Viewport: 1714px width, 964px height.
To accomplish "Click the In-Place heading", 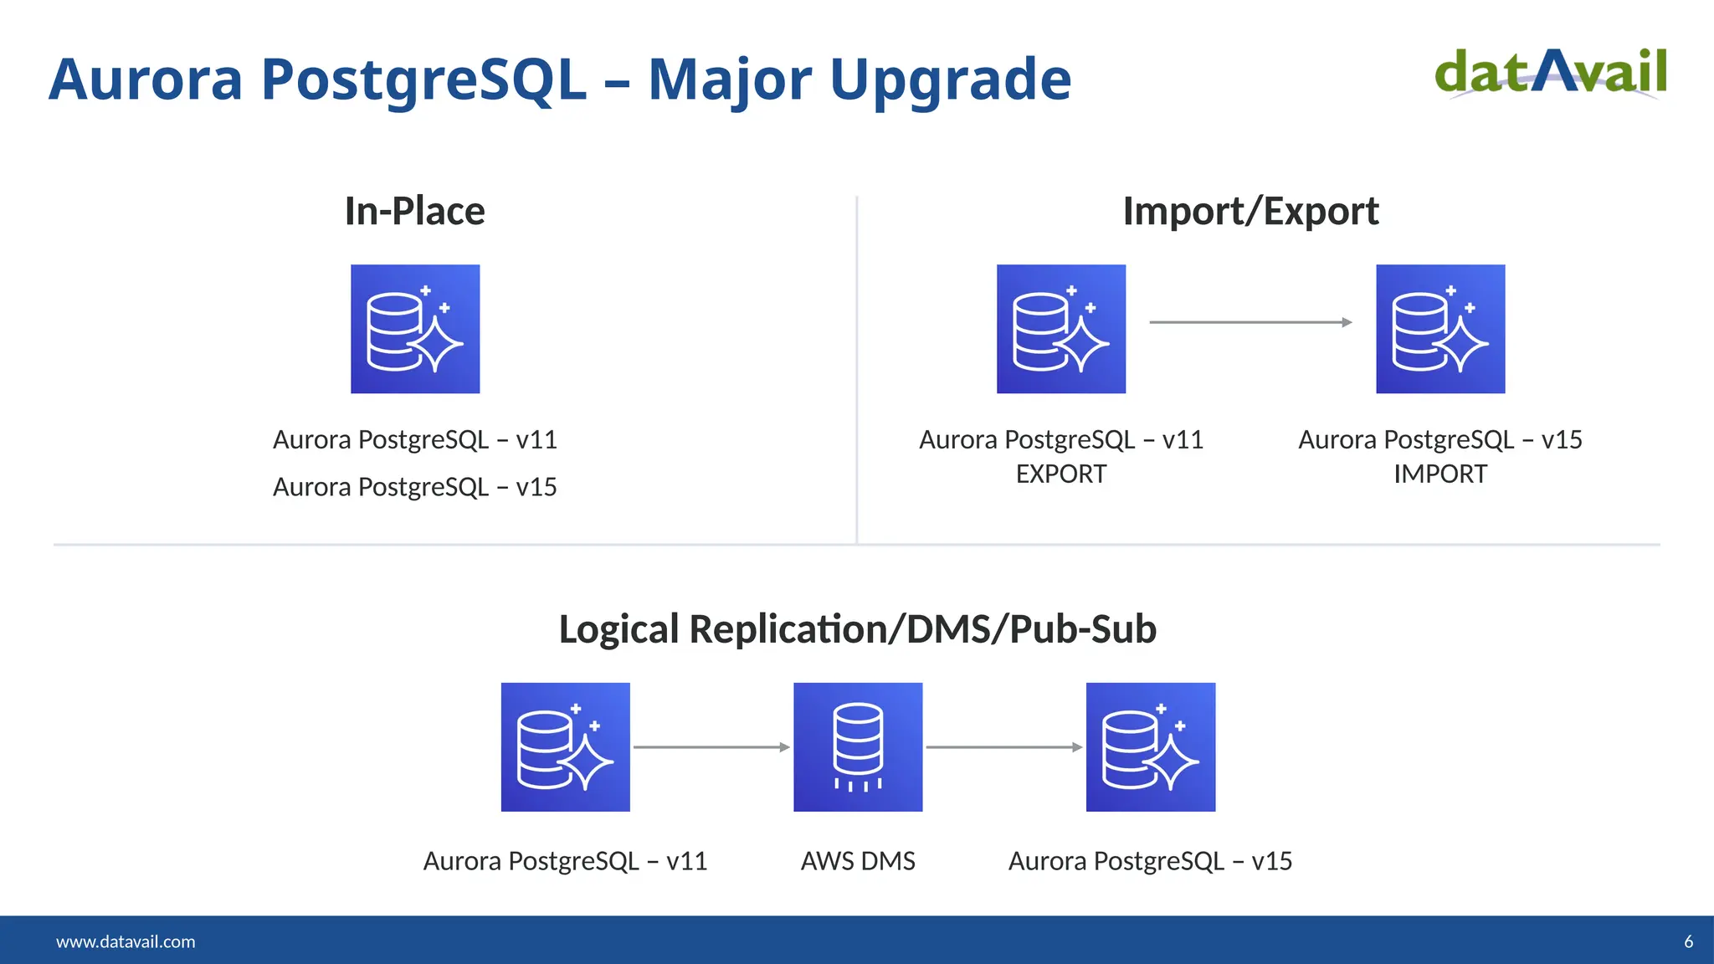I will coord(414,211).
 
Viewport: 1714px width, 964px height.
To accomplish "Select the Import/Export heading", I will coord(1250,211).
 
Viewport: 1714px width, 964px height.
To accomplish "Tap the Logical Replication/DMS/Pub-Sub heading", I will coord(857,629).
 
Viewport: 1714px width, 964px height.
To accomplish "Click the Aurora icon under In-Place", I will coord(415,329).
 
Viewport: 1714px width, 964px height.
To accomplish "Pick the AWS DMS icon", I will coord(858,746).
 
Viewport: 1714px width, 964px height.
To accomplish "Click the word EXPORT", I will coord(1060,474).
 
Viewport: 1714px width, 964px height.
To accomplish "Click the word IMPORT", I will coord(1439,474).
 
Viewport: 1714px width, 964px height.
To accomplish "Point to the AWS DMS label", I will coord(858,861).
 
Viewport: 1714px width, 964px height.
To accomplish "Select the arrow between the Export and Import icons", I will coord(1250,322).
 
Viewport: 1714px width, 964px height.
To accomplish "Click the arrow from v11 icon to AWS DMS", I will coord(711,746).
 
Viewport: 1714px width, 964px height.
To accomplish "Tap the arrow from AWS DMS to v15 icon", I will coord(1003,746).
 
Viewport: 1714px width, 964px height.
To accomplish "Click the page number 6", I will coord(1688,941).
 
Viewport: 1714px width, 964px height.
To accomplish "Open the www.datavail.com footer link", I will coord(126,941).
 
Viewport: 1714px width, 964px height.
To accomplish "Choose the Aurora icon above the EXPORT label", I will coord(1061,329).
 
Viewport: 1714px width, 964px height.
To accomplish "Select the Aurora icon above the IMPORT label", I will coord(1440,329).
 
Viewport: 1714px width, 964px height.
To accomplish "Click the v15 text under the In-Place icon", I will coord(536,487).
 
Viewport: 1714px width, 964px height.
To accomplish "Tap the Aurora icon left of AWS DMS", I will coord(565,746).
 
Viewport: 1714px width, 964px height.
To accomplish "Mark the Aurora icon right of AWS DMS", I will coord(1150,746).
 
